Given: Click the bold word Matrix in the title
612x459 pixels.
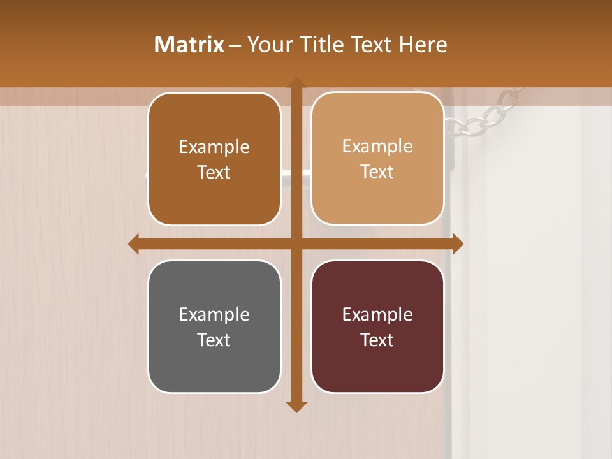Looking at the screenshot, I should pyautogui.click(x=189, y=45).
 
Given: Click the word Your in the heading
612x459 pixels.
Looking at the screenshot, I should pyautogui.click(x=266, y=45).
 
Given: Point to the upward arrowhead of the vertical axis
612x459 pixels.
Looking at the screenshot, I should pyautogui.click(x=296, y=82).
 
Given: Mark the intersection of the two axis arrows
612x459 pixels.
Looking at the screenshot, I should pyautogui.click(x=296, y=244).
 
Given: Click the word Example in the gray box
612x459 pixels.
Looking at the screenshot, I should pyautogui.click(x=214, y=314).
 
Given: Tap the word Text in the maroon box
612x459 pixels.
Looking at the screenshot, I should pyautogui.click(x=377, y=340).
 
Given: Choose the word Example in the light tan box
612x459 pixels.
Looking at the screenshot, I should pyautogui.click(x=377, y=146).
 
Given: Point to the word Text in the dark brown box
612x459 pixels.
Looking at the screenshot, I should pyautogui.click(x=214, y=172).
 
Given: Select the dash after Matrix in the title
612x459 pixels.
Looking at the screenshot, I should pyautogui.click(x=235, y=45).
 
